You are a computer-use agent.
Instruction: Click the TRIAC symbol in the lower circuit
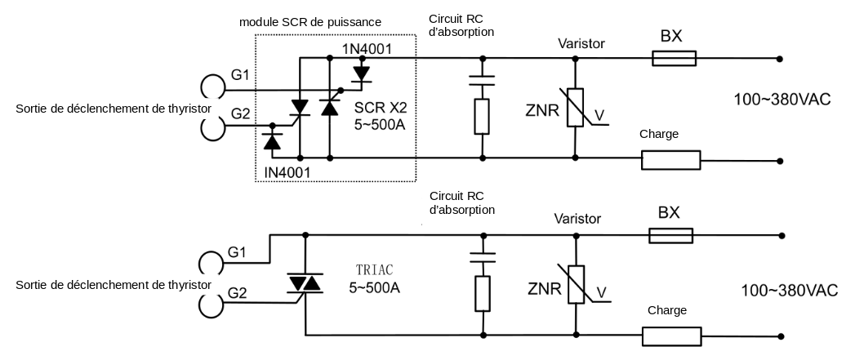point(305,282)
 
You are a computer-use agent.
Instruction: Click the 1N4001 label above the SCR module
point(367,49)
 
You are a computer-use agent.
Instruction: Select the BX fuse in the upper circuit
point(674,58)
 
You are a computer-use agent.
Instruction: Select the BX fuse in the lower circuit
point(671,235)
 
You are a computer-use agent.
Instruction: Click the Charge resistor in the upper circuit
point(670,159)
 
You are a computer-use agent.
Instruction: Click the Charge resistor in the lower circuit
point(670,336)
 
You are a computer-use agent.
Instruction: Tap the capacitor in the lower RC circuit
point(483,256)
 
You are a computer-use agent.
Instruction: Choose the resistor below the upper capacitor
point(483,116)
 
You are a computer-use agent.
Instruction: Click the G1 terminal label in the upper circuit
point(240,75)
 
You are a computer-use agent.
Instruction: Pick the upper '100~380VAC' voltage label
point(782,100)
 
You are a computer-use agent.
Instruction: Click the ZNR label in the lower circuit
point(543,287)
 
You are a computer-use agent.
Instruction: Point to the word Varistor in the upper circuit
point(581,42)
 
